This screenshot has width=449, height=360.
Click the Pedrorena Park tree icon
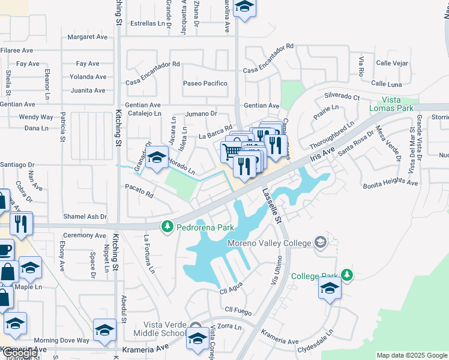(167, 227)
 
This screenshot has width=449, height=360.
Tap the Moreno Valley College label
(270, 243)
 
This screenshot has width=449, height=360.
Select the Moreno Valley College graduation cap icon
(320, 242)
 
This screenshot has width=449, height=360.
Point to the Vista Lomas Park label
(399, 104)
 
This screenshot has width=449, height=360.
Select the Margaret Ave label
(87, 37)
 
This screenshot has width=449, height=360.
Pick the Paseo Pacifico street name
(205, 83)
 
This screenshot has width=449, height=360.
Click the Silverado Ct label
(342, 96)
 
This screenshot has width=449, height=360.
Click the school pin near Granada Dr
(157, 159)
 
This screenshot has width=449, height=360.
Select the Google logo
(19, 353)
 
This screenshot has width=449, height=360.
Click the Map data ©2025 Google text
(411, 356)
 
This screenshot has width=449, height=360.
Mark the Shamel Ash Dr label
(85, 217)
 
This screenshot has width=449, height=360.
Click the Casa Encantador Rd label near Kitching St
(152, 64)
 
